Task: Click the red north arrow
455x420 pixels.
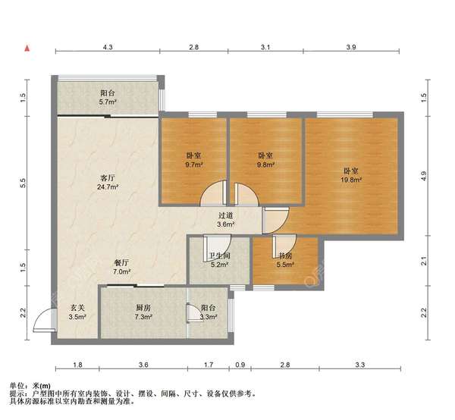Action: pyautogui.click(x=27, y=49)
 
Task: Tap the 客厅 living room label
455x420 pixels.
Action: pyautogui.click(x=108, y=177)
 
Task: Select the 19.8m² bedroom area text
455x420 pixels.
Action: pyautogui.click(x=351, y=180)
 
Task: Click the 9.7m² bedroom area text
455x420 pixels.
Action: pyautogui.click(x=194, y=165)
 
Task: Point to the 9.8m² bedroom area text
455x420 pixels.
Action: pyautogui.click(x=265, y=165)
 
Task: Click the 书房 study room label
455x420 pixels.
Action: pyautogui.click(x=285, y=255)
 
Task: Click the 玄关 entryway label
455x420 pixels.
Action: pyautogui.click(x=77, y=308)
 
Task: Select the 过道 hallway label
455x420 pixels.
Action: pyautogui.click(x=226, y=215)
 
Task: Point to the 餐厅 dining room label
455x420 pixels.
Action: pyautogui.click(x=121, y=263)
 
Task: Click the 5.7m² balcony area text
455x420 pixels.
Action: pyautogui.click(x=108, y=102)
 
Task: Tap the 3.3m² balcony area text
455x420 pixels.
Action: pyautogui.click(x=209, y=317)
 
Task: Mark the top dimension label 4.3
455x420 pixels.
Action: pyautogui.click(x=108, y=47)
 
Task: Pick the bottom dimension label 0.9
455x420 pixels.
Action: pyautogui.click(x=240, y=365)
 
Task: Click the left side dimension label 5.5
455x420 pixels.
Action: pyautogui.click(x=24, y=183)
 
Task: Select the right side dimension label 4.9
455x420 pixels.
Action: pyautogui.click(x=423, y=176)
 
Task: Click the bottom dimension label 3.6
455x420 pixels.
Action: pyautogui.click(x=143, y=365)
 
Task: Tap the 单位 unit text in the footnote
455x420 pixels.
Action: pyautogui.click(x=17, y=386)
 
